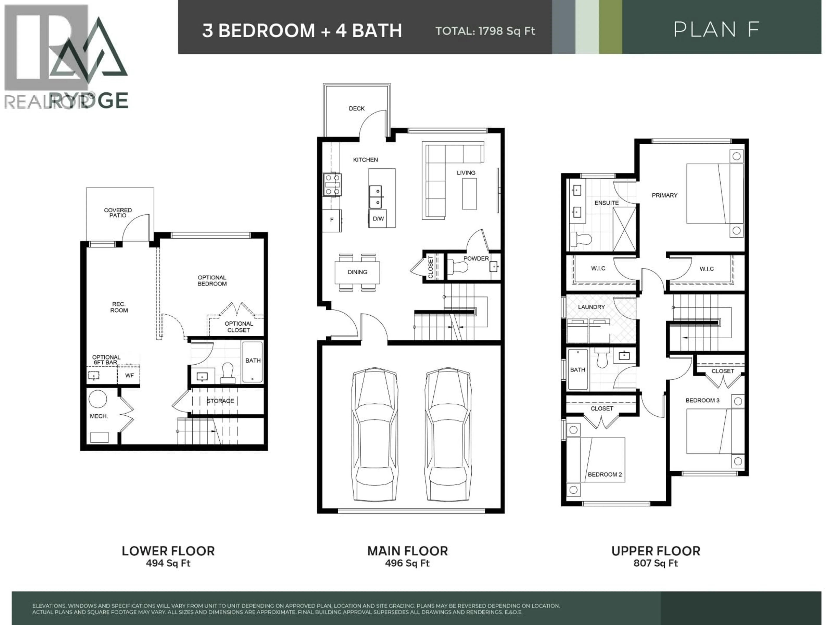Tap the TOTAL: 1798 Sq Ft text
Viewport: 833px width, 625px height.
click(x=485, y=31)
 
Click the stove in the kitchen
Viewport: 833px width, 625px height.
click(x=332, y=185)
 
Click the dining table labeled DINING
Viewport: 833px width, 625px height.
click(x=357, y=272)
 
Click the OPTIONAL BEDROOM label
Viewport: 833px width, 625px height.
click(x=212, y=281)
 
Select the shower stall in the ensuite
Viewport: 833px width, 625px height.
click(x=624, y=229)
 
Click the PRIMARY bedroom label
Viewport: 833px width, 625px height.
click(x=664, y=195)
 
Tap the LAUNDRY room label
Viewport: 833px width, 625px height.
click(x=591, y=307)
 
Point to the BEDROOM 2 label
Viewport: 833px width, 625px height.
click(x=605, y=474)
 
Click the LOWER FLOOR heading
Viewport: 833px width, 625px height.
click(x=168, y=551)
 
